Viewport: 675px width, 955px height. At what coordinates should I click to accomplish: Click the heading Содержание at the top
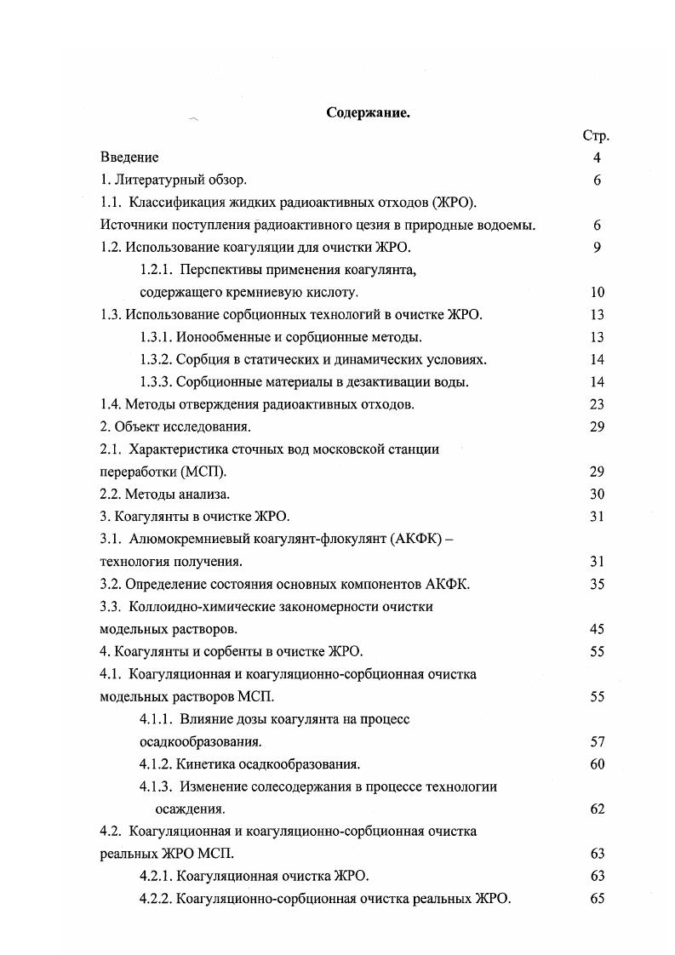pos(369,112)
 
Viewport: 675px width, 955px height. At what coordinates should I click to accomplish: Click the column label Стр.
pos(596,135)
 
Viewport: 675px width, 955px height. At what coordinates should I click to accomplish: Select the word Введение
pos(129,157)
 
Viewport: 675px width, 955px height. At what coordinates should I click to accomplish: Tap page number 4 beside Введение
pos(597,157)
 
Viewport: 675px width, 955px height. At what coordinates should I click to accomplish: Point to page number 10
pos(597,292)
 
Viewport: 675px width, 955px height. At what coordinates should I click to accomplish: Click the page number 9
pos(597,248)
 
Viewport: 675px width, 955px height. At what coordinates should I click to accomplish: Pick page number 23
pos(597,404)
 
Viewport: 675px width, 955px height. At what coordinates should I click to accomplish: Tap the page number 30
pos(597,494)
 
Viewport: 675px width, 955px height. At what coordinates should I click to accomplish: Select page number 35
pos(597,584)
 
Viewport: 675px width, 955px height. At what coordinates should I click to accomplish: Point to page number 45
pos(597,629)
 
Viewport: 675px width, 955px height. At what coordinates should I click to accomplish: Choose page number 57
pos(597,741)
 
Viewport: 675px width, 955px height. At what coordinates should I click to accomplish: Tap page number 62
pos(597,809)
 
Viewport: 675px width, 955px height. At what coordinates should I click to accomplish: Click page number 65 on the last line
pos(597,898)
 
